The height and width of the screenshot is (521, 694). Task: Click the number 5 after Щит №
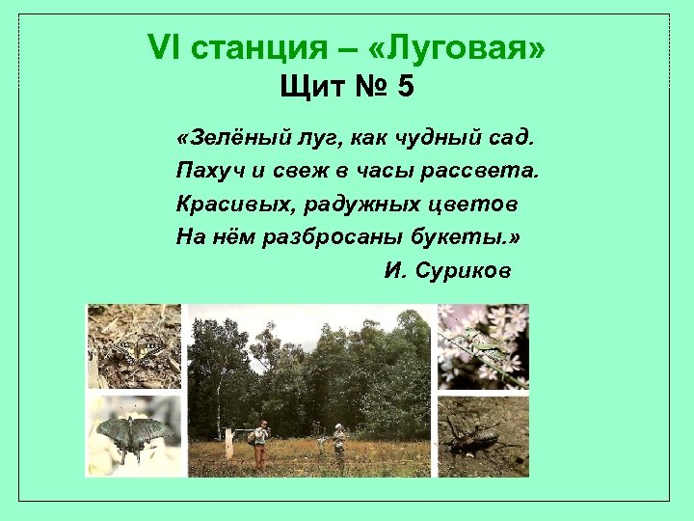pos(405,87)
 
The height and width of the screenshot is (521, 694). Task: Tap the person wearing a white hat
pos(338,442)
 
